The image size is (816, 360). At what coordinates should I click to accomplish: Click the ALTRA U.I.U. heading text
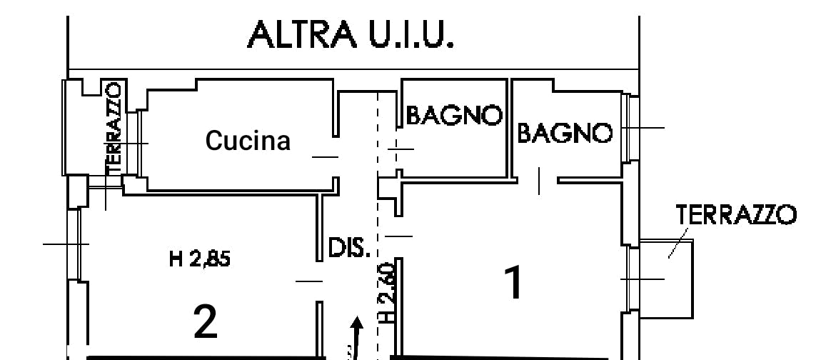351,35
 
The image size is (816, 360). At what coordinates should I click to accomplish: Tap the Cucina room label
248,141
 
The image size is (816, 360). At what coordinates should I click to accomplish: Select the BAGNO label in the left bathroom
454,115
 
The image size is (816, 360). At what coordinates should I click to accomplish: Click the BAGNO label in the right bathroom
565,133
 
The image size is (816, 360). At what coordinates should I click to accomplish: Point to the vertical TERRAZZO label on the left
114,127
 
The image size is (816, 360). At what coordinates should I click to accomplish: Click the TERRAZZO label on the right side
735,214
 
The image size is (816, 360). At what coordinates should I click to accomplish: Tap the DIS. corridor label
349,248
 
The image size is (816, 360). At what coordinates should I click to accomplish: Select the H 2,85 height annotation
200,259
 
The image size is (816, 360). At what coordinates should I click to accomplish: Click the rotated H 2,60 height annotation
386,293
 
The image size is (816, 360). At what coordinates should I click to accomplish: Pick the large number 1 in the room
514,284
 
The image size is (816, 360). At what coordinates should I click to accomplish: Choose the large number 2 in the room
206,321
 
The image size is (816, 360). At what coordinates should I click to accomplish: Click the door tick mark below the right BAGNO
540,180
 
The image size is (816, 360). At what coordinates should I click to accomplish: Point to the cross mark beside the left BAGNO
399,148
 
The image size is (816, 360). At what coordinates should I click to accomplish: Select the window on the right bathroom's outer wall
628,128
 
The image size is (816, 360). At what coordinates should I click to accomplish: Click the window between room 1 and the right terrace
630,279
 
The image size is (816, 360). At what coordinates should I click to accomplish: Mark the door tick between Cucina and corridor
325,156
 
